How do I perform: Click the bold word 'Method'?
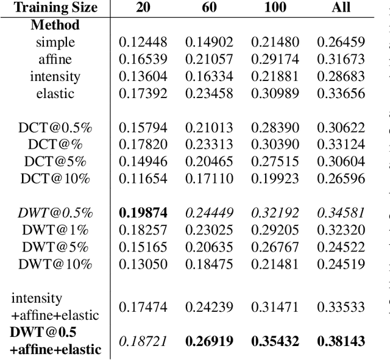pos(55,26)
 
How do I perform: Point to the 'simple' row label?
pos(55,43)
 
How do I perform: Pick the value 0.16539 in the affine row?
pos(142,60)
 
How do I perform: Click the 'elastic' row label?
pos(55,94)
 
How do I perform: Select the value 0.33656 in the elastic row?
pos(340,94)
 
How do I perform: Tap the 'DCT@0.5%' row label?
pos(55,128)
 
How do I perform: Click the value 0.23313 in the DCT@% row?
pos(208,145)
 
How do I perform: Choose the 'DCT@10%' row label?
pos(55,179)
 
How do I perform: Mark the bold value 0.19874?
pos(142,213)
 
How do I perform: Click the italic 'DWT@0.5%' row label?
pos(55,213)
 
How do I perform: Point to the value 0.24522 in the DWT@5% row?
pos(340,247)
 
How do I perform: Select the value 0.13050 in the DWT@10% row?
pos(142,264)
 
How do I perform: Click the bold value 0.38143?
pos(340,341)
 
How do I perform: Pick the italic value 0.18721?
pos(142,341)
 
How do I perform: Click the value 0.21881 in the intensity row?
pos(274,77)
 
